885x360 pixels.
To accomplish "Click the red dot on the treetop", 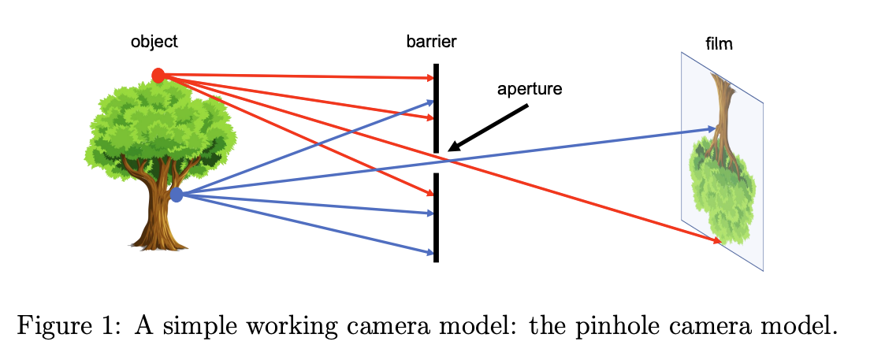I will tap(158, 76).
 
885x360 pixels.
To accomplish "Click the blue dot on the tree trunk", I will tap(177, 195).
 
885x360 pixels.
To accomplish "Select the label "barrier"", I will tap(431, 42).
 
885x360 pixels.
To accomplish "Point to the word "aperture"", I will tap(529, 89).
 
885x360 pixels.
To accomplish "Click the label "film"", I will tap(719, 44).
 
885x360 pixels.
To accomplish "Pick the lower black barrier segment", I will tap(436, 217).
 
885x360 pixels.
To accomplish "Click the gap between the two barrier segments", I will tap(436, 162).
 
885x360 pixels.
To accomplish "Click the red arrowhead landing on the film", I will tap(716, 240).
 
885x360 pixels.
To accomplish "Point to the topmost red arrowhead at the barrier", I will tap(430, 78).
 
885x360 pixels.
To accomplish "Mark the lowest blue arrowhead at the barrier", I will tap(430, 253).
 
